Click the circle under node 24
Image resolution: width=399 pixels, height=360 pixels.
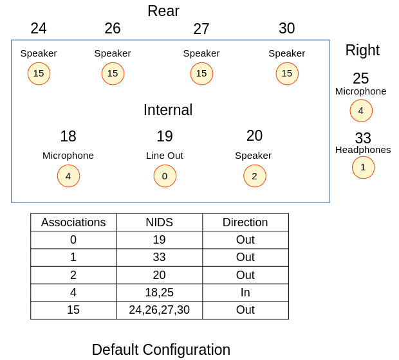tap(39, 73)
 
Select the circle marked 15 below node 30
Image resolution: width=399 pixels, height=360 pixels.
tap(287, 73)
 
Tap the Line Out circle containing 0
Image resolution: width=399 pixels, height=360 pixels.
tap(165, 176)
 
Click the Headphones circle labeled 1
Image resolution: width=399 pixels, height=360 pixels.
tap(363, 167)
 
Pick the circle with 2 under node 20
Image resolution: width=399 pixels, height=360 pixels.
tap(254, 176)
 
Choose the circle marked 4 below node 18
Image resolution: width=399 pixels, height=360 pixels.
tap(68, 176)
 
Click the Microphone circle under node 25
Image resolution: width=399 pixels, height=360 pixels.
tap(361, 111)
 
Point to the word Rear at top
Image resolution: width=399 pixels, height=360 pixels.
tap(163, 11)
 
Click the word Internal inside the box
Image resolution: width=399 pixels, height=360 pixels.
tap(168, 110)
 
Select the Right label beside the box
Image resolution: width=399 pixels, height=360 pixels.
tap(362, 50)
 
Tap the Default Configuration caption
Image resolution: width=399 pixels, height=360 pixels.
tap(161, 350)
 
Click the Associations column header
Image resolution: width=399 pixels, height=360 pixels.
tap(73, 222)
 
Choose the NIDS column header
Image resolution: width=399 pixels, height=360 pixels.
tap(159, 222)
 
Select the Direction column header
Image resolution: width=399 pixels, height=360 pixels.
tap(245, 222)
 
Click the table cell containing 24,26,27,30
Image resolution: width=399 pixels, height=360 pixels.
tap(159, 310)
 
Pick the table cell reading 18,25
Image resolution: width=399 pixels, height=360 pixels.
tap(159, 292)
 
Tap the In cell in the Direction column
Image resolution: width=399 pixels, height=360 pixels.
tap(245, 292)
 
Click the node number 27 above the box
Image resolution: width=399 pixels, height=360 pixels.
tap(201, 29)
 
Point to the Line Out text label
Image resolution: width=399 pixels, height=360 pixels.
tap(165, 156)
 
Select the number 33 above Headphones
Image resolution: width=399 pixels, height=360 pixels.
tap(363, 138)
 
